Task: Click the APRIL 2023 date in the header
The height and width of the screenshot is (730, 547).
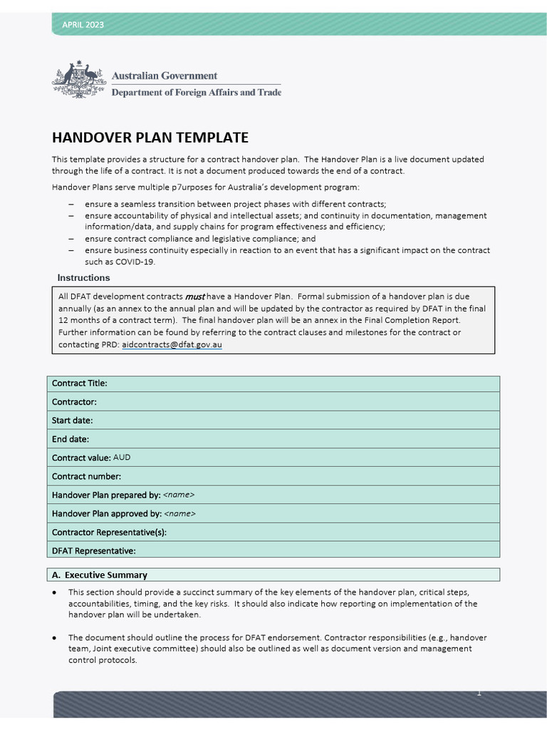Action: [x=83, y=25]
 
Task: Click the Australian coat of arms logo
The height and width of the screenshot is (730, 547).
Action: [x=79, y=79]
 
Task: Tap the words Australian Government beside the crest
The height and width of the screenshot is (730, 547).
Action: [x=164, y=76]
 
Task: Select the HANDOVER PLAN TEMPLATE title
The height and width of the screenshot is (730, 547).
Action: [x=150, y=138]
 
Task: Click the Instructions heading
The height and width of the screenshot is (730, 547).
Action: [x=83, y=278]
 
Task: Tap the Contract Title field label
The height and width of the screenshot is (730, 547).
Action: [x=79, y=384]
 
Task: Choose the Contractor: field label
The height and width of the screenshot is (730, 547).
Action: [x=74, y=402]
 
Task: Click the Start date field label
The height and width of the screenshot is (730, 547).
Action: [x=72, y=421]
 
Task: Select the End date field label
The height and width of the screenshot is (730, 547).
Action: [x=70, y=439]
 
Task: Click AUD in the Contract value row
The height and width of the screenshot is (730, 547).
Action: [x=122, y=458]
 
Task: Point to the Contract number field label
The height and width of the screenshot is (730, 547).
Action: [x=86, y=476]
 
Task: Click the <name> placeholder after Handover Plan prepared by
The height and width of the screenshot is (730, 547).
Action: [x=179, y=495]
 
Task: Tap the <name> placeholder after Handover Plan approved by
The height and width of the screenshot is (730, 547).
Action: [x=179, y=513]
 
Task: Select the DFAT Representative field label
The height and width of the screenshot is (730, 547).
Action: [x=93, y=550]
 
